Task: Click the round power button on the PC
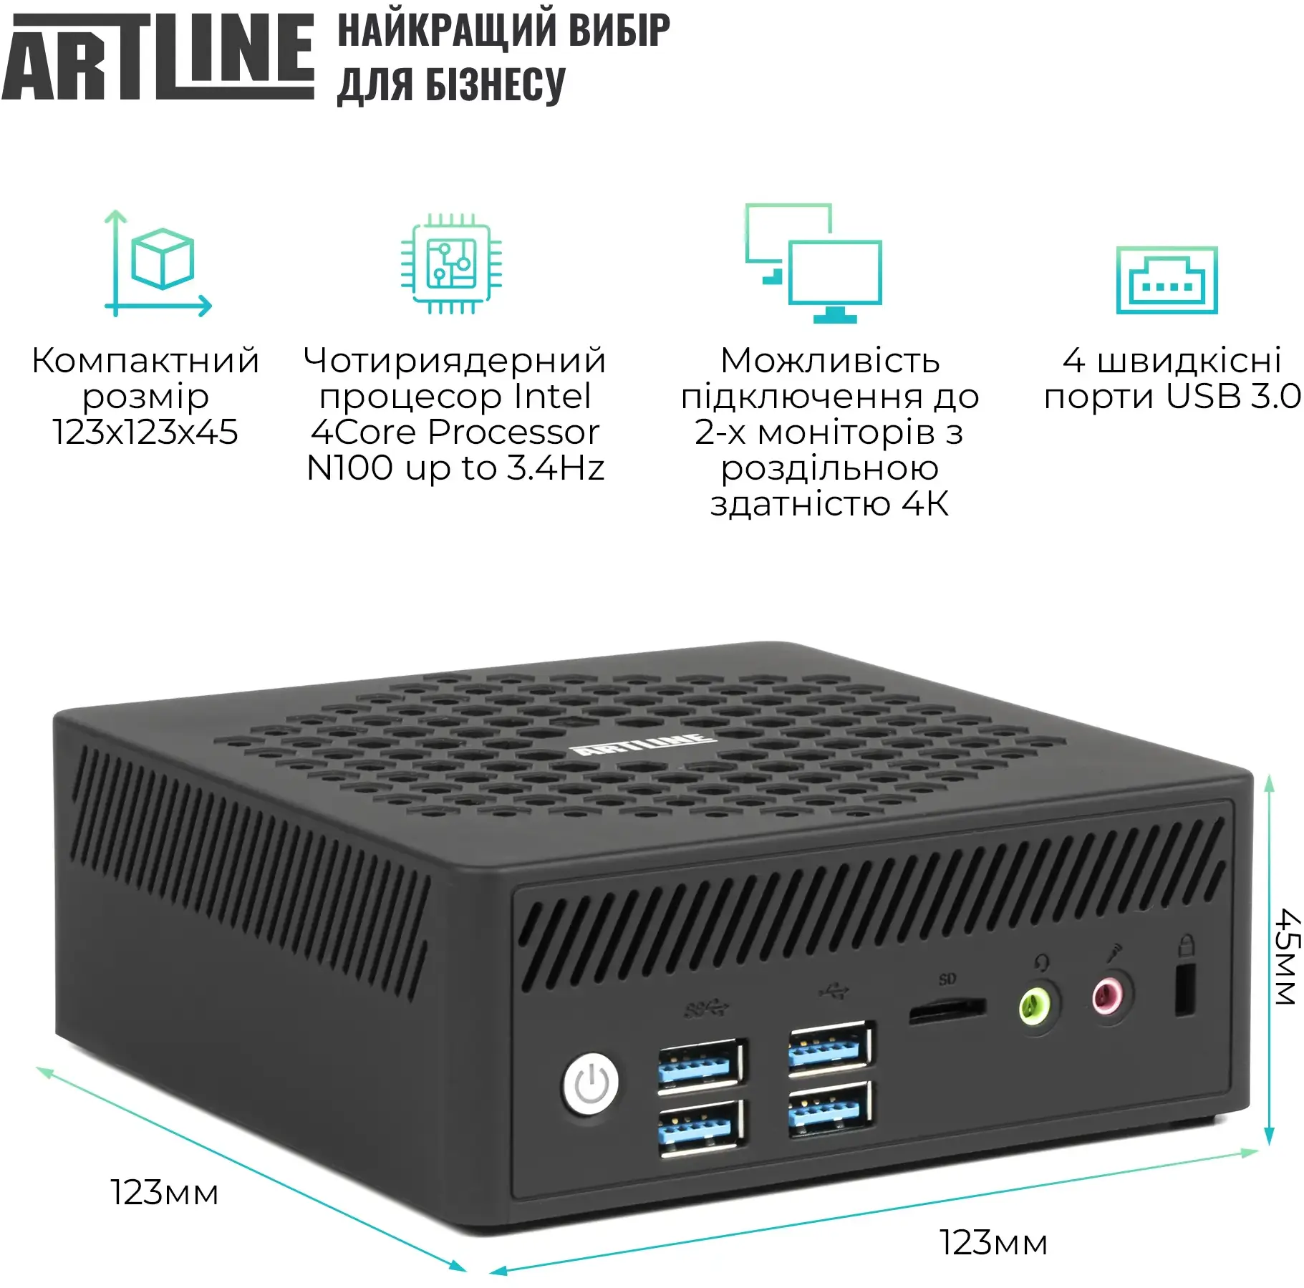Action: pyautogui.click(x=591, y=1084)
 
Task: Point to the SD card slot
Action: pyautogui.click(x=947, y=1010)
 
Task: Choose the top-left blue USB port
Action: pyautogui.click(x=700, y=1065)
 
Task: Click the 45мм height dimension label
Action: pyautogui.click(x=1286, y=957)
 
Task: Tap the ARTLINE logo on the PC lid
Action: pyautogui.click(x=642, y=745)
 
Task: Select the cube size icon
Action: pyautogui.click(x=159, y=263)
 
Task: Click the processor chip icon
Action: pyautogui.click(x=451, y=263)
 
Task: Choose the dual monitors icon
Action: pyautogui.click(x=813, y=263)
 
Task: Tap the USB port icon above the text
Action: pyautogui.click(x=1167, y=280)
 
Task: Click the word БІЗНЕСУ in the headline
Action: pyautogui.click(x=495, y=85)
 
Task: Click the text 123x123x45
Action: pyautogui.click(x=145, y=432)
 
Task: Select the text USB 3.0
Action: pyautogui.click(x=1233, y=396)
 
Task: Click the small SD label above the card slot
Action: pyautogui.click(x=947, y=979)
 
